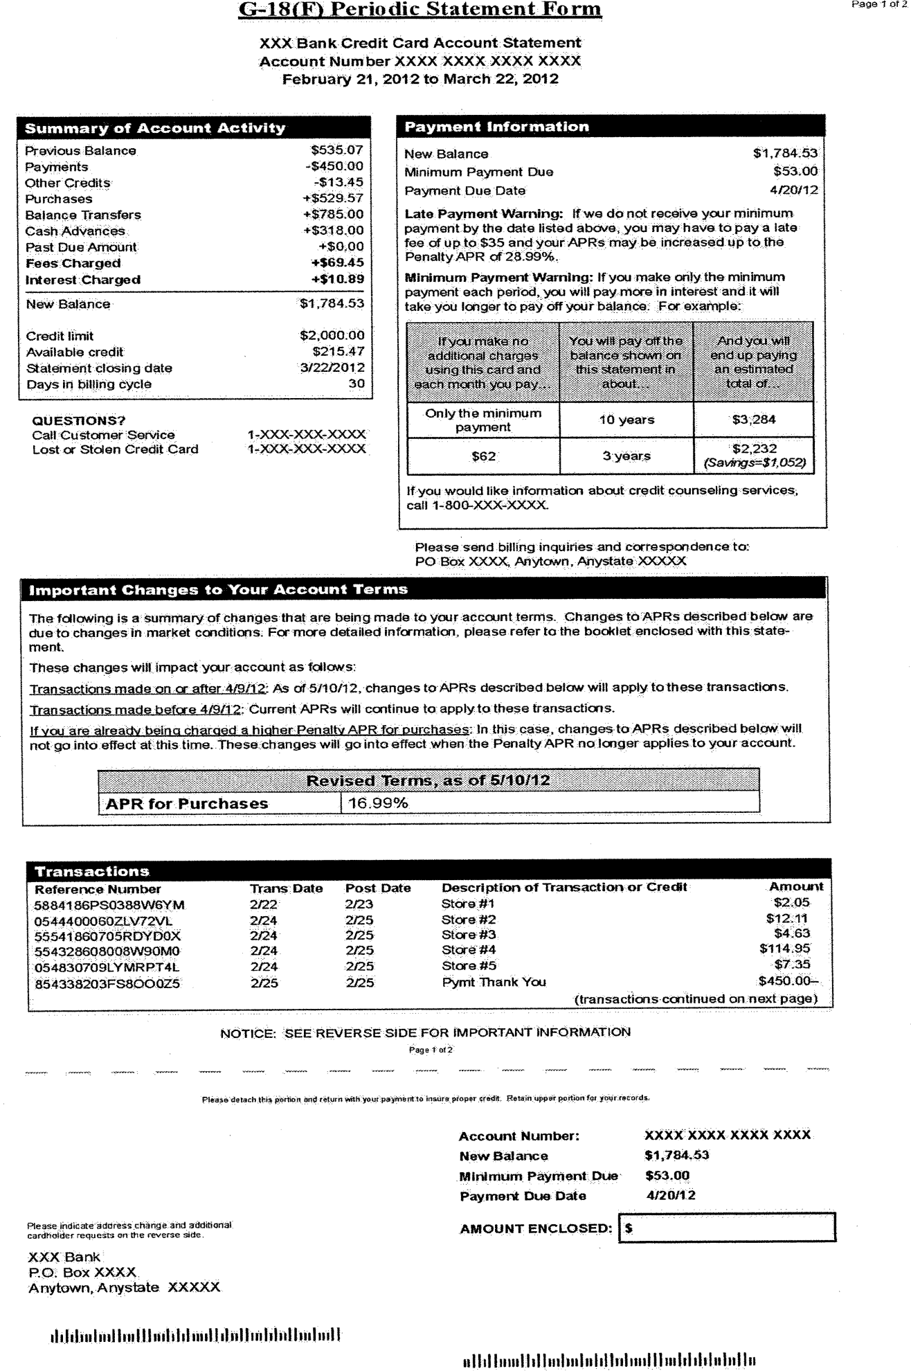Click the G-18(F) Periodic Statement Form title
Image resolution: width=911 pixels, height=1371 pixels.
[420, 10]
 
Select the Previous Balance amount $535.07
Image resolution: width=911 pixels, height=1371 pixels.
[336, 150]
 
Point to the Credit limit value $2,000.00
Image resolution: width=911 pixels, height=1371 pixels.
[332, 335]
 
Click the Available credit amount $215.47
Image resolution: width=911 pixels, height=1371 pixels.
[338, 351]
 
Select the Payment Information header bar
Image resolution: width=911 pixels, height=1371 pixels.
[611, 126]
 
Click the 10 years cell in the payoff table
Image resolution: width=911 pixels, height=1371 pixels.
[626, 420]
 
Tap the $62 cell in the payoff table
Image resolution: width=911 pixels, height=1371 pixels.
[483, 456]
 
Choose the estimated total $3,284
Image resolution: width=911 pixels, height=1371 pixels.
[753, 419]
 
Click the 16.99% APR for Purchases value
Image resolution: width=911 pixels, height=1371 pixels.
[377, 803]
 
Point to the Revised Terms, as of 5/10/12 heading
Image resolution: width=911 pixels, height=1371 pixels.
[428, 780]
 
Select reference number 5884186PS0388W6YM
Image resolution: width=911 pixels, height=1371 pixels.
[109, 905]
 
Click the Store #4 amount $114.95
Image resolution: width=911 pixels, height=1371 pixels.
[784, 949]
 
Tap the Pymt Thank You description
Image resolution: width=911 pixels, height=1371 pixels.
[494, 982]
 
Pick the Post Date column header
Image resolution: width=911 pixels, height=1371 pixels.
[378, 888]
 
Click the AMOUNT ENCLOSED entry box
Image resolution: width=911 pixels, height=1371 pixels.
[726, 1228]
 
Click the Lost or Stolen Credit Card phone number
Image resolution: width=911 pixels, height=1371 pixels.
[306, 449]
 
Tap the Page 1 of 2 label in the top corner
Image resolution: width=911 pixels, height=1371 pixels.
[878, 5]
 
